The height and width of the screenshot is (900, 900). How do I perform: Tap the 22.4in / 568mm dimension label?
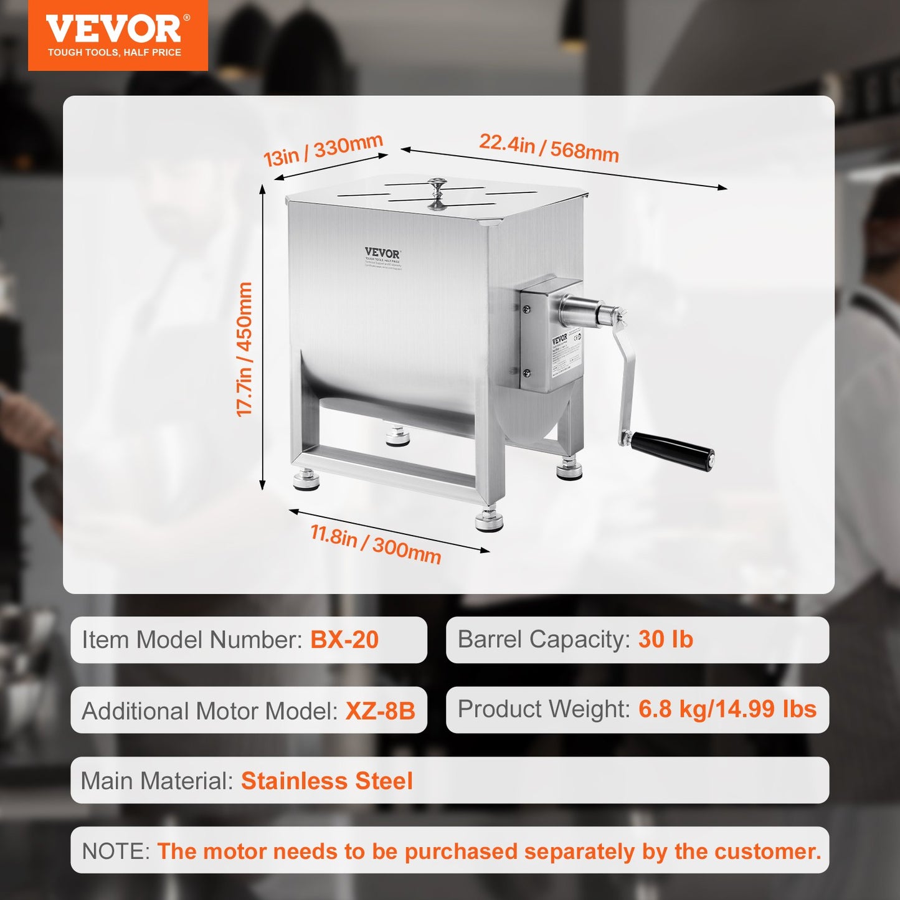[x=549, y=148]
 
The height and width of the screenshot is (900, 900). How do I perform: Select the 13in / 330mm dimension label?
[x=323, y=150]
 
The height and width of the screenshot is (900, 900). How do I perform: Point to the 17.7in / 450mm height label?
[x=245, y=349]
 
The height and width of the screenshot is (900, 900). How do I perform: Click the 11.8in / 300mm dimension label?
[x=376, y=544]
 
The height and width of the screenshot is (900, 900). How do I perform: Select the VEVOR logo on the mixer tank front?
[x=382, y=253]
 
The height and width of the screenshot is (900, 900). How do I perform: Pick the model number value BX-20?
[x=344, y=640]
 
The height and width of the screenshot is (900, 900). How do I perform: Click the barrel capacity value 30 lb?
[x=665, y=640]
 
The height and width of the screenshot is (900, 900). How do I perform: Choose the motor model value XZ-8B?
[x=380, y=711]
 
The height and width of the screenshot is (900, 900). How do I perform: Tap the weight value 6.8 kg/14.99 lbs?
[x=727, y=709]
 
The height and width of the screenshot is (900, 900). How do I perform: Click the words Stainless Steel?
[x=327, y=781]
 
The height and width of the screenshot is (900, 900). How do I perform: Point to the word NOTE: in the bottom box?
[x=116, y=851]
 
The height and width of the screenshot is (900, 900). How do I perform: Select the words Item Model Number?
[x=192, y=640]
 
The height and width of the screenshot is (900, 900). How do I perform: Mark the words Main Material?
[x=156, y=781]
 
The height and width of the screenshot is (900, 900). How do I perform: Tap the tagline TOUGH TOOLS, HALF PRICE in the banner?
[x=115, y=52]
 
